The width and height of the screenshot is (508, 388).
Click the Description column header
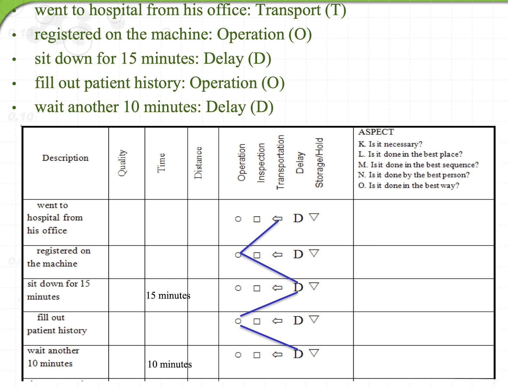(65, 158)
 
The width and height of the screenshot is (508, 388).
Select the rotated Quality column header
(122, 163)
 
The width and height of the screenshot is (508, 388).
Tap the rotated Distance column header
(198, 163)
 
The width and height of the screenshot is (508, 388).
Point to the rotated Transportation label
(280, 162)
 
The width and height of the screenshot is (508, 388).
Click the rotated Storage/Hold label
(319, 163)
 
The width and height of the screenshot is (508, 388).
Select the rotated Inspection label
(261, 163)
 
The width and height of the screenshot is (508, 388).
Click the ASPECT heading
(376, 132)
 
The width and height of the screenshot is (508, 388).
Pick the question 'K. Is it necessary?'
(390, 144)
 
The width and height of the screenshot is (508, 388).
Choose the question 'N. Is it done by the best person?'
(414, 175)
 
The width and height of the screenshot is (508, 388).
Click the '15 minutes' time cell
(168, 295)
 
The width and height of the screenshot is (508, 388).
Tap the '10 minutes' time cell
(169, 364)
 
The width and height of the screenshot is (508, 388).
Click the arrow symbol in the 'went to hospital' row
(277, 218)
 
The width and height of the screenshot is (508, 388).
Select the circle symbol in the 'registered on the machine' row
(238, 255)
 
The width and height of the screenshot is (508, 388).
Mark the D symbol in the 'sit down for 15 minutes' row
(298, 287)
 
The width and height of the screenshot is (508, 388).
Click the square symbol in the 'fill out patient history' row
(257, 321)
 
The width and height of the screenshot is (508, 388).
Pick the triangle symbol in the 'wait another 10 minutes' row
(314, 353)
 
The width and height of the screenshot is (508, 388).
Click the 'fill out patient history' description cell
(57, 324)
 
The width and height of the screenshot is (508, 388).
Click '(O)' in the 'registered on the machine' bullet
(300, 34)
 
